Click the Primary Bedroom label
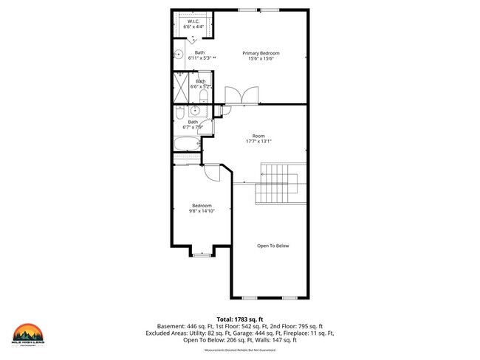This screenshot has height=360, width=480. coord(262,53)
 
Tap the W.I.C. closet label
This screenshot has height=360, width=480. coord(193,21)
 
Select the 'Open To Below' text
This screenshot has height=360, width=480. coord(272,246)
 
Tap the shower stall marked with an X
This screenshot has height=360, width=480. coord(182,86)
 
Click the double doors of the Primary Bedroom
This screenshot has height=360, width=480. coord(241,96)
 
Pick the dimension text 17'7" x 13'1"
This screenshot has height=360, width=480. coord(258,142)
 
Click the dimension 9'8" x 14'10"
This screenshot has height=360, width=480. coord(202,210)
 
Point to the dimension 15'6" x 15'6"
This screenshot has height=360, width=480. coord(262,59)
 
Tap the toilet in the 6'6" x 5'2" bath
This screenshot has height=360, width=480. coord(204,96)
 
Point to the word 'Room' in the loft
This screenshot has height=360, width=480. coord(258,136)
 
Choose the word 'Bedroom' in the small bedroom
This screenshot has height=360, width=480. coord(202,205)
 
